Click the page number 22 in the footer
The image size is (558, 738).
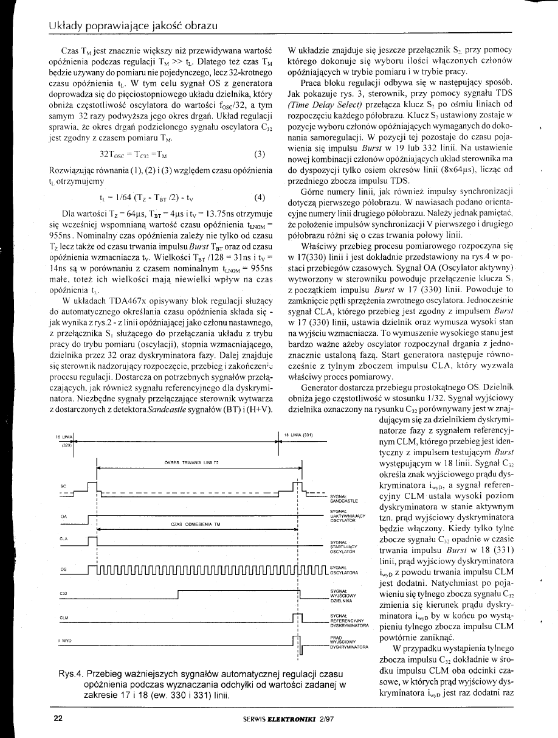(x=58, y=718)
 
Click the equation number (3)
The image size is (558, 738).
(x=258, y=154)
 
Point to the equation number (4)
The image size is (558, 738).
(x=258, y=197)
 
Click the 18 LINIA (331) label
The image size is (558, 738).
(x=299, y=435)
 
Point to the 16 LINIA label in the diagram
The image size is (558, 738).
(x=64, y=437)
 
